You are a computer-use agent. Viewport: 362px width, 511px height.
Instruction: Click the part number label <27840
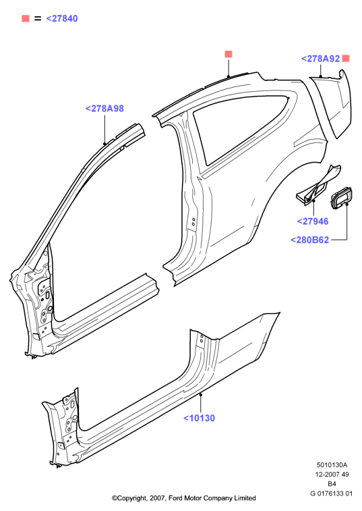pos(62,19)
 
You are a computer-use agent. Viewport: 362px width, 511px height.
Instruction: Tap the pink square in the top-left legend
pos(26,19)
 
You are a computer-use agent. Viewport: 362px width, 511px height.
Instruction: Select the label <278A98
pos(104,109)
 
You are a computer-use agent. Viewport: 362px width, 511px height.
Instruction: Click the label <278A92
pos(321,59)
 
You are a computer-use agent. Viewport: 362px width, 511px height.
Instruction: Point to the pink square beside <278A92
pos(346,58)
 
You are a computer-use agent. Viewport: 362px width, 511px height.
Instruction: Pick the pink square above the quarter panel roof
pos(229,54)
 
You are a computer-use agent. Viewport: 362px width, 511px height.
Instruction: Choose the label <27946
pos(313,221)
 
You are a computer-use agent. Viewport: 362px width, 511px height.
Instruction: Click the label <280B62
pos(309,240)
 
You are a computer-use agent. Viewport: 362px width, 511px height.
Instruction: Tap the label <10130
pos(200,418)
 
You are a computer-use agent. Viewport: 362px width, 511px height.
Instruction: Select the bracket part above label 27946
pos(318,186)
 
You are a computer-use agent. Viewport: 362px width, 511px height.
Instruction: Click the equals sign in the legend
pos(38,19)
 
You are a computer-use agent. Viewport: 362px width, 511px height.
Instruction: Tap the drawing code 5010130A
pos(332,464)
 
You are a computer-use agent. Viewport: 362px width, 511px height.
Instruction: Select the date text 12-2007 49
pos(332,474)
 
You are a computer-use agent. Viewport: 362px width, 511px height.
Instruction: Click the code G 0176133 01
pos(332,493)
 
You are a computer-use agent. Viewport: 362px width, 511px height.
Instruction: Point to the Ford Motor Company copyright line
pos(184,498)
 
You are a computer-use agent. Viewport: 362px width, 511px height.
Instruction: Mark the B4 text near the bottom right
pos(332,483)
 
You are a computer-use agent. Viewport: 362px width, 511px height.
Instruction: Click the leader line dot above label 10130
pos(201,394)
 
